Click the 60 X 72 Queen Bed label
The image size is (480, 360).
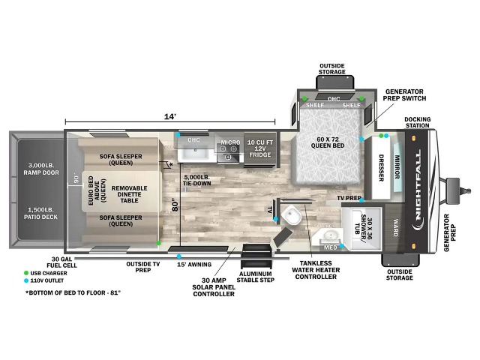point(328,142)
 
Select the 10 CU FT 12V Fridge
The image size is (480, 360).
point(260,149)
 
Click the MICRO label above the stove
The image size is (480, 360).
point(230,142)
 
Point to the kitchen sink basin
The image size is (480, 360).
point(195,153)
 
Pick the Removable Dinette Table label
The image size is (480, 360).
point(129,194)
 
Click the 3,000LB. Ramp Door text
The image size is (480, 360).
point(41,169)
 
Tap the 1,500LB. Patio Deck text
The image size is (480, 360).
point(41,213)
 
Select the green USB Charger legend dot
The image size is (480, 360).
point(26,273)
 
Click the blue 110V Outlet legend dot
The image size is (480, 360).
point(26,280)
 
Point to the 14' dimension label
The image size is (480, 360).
point(170,117)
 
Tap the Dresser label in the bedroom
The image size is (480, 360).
point(382,168)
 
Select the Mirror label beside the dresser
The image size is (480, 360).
point(397,166)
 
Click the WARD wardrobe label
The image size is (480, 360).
point(396,227)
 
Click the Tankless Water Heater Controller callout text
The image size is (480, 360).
point(316,270)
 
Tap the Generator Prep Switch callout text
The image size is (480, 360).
point(404,95)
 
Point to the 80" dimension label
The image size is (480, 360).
point(175,205)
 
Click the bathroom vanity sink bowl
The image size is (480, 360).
point(330,235)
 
